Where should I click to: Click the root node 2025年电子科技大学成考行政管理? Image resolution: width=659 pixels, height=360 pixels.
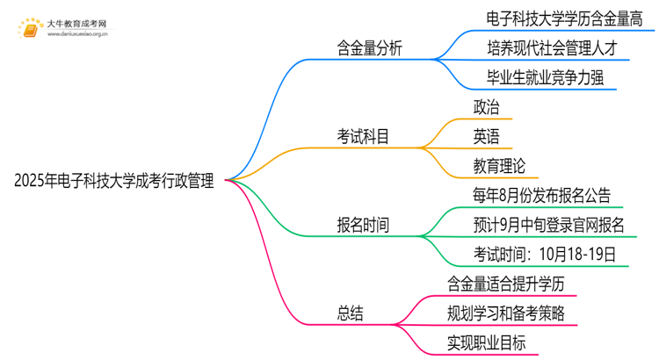(114, 181)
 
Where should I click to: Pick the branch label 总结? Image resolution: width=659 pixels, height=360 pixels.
(350, 313)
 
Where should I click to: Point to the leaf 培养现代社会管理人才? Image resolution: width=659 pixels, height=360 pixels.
(556, 47)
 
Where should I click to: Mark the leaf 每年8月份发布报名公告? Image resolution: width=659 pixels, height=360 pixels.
(541, 195)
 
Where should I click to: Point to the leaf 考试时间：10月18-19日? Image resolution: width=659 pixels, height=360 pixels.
(541, 255)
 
